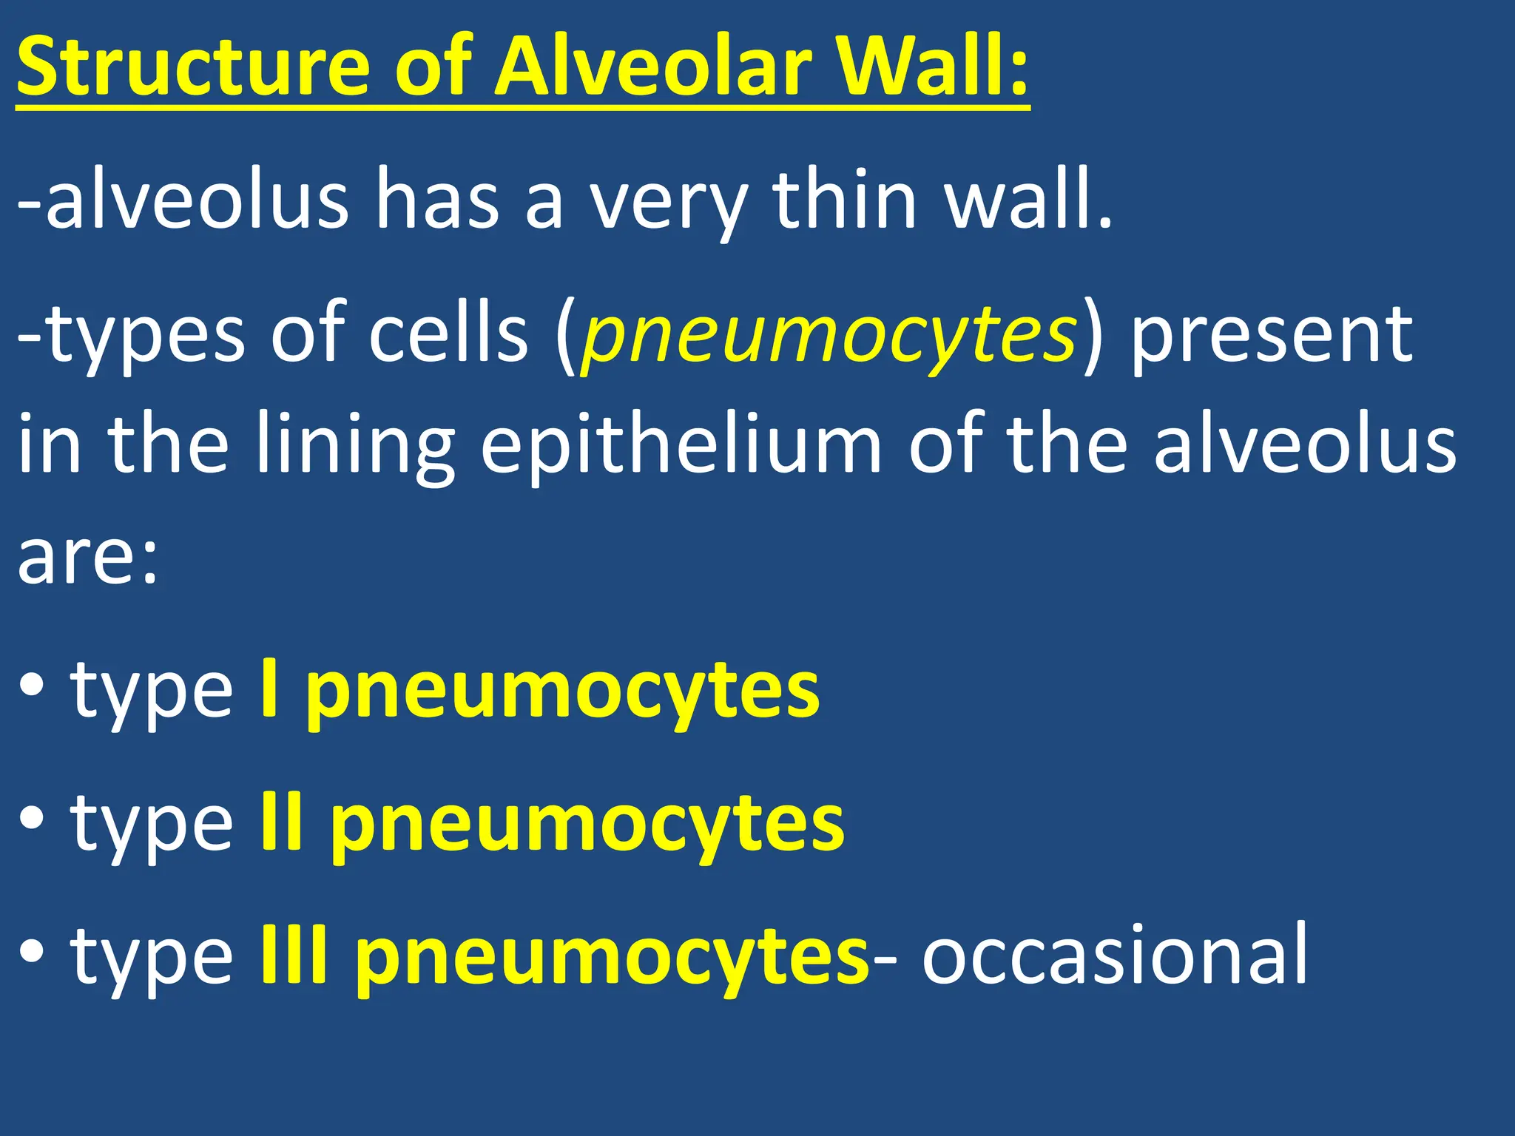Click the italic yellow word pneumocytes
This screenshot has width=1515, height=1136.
pyautogui.click(x=829, y=337)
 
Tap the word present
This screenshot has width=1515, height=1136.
pyautogui.click(x=1272, y=337)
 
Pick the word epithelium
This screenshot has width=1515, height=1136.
pyautogui.click(x=681, y=447)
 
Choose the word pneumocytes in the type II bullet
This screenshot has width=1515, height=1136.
pyautogui.click(x=587, y=825)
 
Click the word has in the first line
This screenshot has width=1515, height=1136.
pyautogui.click(x=437, y=200)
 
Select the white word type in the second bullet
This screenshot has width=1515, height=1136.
pyautogui.click(x=152, y=825)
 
